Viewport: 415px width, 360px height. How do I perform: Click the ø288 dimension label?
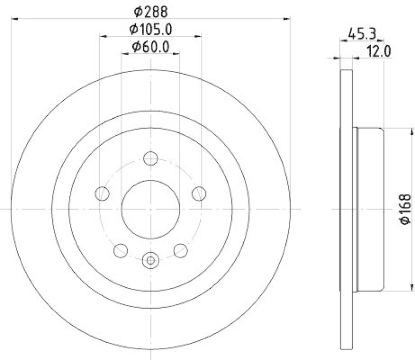tap(151, 10)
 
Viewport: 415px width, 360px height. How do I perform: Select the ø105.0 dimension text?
tap(151, 29)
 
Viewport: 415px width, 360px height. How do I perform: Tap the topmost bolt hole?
tap(150, 159)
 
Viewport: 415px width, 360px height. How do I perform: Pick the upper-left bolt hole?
tap(103, 193)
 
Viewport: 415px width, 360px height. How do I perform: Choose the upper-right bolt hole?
tap(198, 193)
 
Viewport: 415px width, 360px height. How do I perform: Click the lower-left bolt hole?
tap(120, 251)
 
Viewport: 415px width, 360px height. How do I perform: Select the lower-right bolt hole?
tap(180, 251)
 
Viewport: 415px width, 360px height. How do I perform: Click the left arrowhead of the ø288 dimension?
tap(13, 19)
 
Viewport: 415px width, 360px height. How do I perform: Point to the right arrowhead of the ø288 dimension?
tap(287, 19)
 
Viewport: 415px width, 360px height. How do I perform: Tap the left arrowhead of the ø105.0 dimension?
tap(102, 36)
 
